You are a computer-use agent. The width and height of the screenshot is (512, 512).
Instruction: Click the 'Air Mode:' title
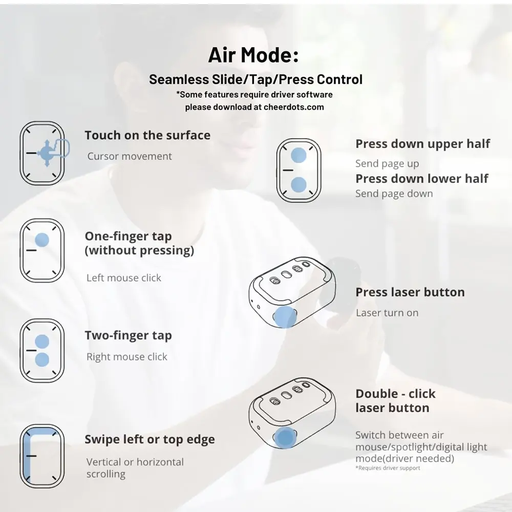(253, 55)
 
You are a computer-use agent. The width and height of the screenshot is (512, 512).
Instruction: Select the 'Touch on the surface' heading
(147, 135)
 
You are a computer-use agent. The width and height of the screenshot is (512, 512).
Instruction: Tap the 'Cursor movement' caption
(130, 156)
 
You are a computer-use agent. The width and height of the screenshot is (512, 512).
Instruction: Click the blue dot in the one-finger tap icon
(42, 240)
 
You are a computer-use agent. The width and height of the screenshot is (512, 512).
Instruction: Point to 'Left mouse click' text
(124, 278)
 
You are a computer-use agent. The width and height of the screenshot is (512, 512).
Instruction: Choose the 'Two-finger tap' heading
(129, 336)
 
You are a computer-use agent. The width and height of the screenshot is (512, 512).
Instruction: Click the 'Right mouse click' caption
(126, 356)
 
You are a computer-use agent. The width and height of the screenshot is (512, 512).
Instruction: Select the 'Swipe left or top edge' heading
(150, 439)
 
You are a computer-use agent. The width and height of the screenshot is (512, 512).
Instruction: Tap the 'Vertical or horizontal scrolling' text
(135, 468)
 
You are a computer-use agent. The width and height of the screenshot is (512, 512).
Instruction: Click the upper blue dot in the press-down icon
(298, 155)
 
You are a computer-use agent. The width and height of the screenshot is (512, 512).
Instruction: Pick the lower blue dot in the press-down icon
(298, 185)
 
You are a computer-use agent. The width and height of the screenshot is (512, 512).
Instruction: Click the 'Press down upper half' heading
(423, 144)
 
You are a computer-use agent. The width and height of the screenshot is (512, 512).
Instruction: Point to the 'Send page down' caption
(394, 194)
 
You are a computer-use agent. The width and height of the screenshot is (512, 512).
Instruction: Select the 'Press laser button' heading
(410, 292)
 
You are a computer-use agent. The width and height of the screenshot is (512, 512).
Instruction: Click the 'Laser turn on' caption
(387, 313)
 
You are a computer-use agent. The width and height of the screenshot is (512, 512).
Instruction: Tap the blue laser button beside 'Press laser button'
(285, 317)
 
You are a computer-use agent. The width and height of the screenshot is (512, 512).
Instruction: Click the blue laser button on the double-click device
(285, 438)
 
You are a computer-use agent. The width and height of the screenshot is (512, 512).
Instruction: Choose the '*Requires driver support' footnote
(388, 468)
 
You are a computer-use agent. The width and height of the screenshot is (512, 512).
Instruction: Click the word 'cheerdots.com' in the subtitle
(294, 107)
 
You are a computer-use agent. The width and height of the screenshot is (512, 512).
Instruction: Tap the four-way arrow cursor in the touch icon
(47, 153)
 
